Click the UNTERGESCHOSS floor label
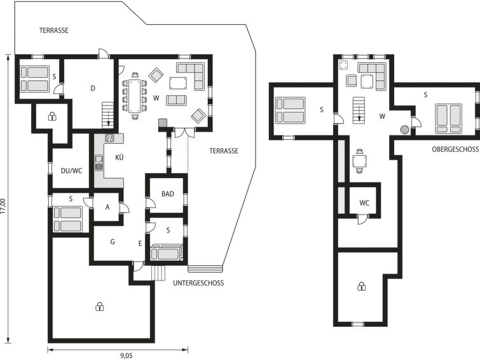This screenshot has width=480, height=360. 198,283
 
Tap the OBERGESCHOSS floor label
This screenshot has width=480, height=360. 455,149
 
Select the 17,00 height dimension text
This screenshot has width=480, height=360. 3,205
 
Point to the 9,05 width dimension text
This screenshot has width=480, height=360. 126,356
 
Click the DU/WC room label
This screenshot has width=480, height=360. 72,170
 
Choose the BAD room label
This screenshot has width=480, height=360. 168,193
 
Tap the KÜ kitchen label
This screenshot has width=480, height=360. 120,157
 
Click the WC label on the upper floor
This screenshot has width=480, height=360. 364,203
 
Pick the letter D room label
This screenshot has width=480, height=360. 93,88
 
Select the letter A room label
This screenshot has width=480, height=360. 107,207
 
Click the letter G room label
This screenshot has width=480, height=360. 113,242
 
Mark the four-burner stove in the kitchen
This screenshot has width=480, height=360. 109,138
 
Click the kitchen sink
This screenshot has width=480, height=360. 99,163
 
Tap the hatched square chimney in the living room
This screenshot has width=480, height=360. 163,123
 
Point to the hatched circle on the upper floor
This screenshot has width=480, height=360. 404,130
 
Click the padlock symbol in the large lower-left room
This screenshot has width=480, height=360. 99,307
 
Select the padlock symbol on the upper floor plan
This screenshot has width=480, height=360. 362,286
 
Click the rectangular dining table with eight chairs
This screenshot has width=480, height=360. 134,96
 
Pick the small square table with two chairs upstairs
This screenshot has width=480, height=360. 359,161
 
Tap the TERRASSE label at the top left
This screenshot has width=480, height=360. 54,31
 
